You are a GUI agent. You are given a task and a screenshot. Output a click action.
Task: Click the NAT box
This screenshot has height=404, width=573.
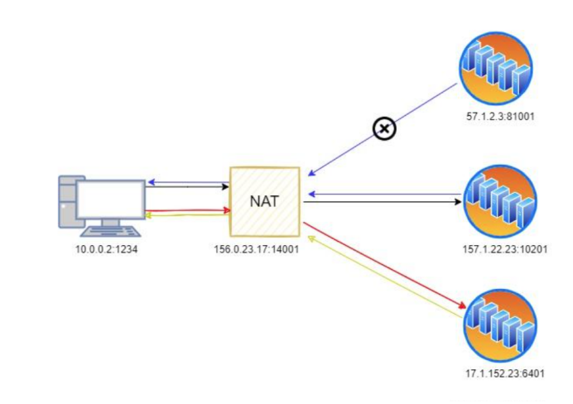point(265,202)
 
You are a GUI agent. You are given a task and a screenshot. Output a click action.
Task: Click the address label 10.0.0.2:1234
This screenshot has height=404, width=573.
point(106,249)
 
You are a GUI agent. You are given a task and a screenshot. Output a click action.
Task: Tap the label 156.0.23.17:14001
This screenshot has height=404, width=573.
point(256,249)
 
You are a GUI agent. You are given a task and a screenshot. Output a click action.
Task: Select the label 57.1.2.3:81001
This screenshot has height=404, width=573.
point(500,117)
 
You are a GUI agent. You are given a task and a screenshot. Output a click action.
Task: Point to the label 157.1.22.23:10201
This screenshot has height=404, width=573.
point(505,249)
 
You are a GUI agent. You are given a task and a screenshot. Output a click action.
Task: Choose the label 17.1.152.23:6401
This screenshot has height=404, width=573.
point(505,373)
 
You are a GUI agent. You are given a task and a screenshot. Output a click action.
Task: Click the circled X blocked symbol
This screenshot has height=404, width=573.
point(384,128)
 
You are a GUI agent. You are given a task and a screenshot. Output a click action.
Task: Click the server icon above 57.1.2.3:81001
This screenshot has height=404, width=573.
point(496,69)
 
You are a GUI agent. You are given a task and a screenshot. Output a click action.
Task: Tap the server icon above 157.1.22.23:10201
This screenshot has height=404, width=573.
point(500,201)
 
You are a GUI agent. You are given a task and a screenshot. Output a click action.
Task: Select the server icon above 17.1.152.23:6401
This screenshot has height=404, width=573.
point(500,325)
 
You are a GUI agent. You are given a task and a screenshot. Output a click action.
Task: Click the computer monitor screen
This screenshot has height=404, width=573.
point(111,200)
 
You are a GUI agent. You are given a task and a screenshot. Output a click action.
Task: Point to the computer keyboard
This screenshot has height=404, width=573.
point(111,232)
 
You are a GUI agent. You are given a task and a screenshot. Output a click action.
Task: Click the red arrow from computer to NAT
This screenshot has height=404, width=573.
point(188,210)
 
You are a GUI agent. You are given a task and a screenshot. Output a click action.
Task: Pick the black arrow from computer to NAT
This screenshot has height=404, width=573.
point(187,186)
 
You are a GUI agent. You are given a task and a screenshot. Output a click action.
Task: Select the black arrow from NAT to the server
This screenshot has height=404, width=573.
point(383,202)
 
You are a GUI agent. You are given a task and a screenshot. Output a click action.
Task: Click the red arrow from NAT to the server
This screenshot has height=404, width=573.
point(385,266)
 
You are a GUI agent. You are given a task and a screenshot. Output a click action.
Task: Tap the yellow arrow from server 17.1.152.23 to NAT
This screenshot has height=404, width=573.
point(386,277)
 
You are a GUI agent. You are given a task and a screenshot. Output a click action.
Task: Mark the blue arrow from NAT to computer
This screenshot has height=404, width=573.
point(188,182)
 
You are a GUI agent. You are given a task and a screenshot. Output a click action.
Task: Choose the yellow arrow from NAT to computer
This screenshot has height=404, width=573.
point(188,215)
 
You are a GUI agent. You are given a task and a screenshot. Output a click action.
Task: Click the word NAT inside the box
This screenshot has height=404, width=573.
point(264,201)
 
